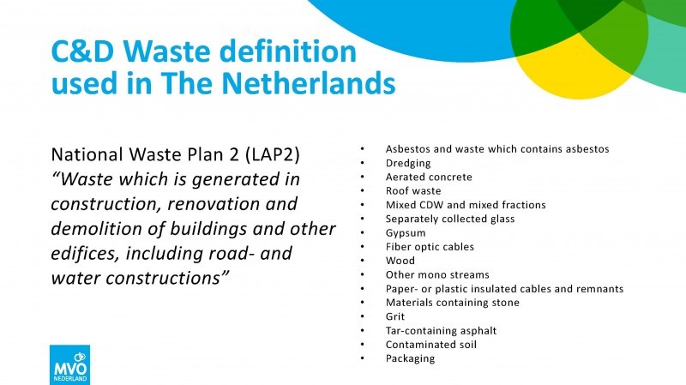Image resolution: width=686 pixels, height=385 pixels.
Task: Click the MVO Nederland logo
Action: point(70,365)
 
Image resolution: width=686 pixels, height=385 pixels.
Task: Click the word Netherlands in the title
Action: point(309,82)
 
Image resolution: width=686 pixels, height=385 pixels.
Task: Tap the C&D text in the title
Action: point(82,51)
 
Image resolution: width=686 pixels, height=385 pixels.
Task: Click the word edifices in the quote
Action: point(85,253)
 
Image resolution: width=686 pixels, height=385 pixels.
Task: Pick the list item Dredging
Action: point(408,163)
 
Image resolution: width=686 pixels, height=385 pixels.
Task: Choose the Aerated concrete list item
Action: point(429,177)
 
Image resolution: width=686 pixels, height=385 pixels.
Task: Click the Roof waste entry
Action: point(413,190)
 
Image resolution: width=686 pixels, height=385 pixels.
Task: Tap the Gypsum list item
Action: point(406,233)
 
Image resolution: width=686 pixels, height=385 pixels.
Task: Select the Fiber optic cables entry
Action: point(430,247)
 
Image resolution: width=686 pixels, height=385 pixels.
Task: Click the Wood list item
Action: point(400,261)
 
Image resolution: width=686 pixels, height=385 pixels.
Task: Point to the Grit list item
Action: point(395,316)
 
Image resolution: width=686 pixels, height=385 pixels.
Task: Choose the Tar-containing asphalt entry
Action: point(441,331)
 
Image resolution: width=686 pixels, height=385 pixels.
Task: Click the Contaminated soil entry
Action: point(431,345)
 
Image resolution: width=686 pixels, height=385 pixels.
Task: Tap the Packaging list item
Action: point(410,358)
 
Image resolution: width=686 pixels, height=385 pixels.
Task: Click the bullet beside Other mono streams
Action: point(362,274)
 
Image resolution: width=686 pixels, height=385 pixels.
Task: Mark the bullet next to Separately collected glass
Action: point(362,219)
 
